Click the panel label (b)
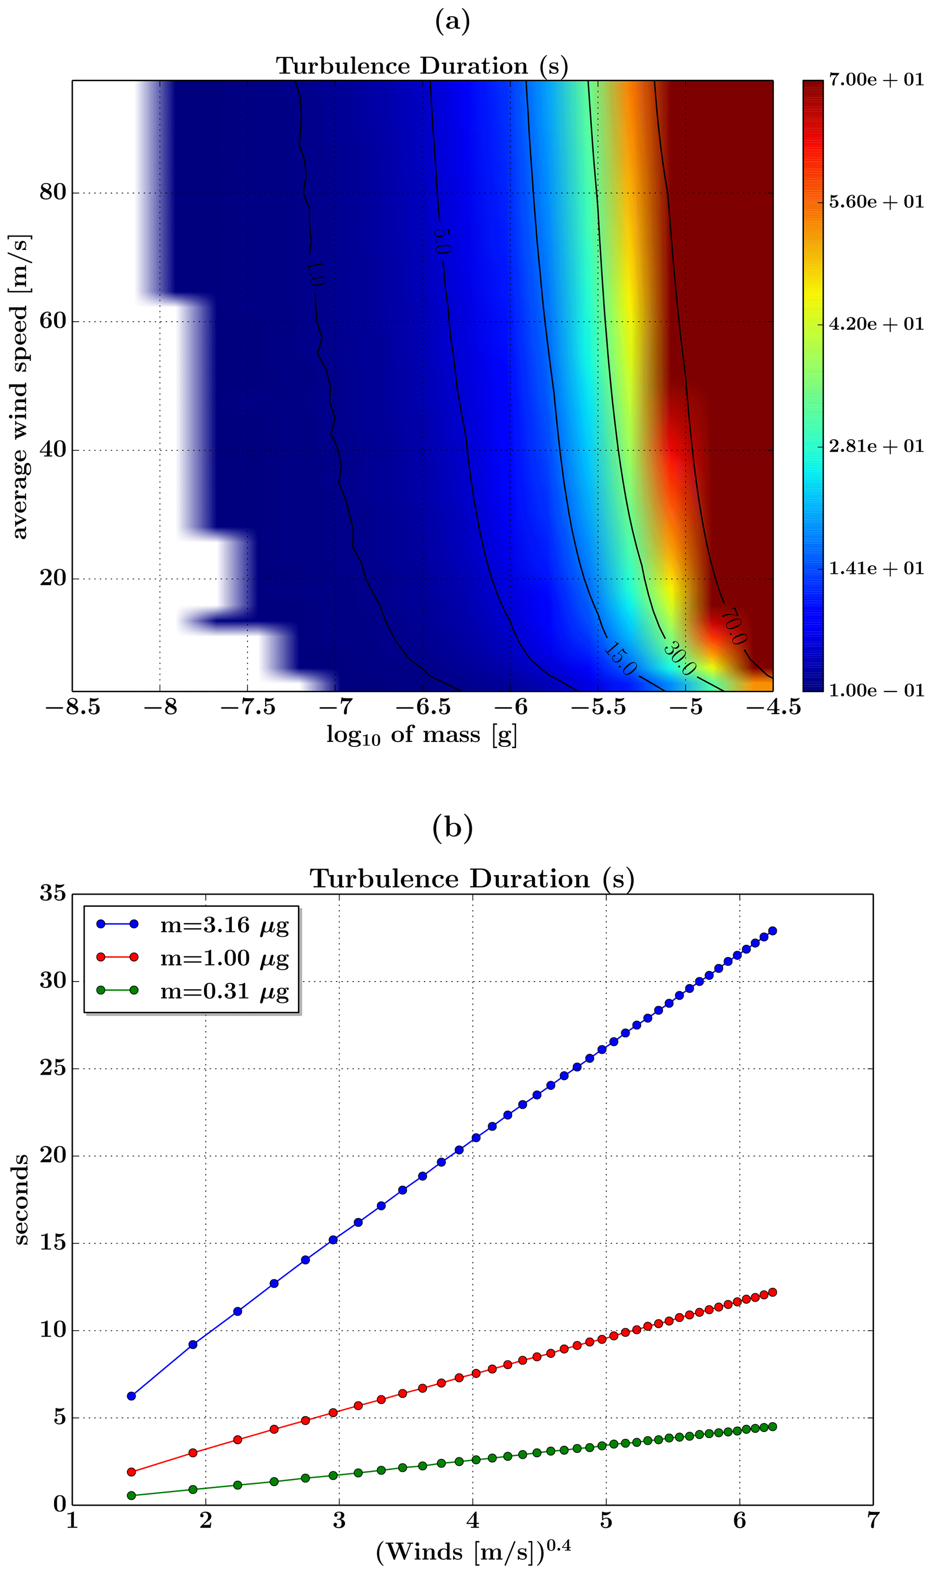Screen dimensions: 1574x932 click(452, 828)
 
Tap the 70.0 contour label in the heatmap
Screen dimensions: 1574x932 click(733, 626)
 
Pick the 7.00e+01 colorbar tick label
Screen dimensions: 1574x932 click(876, 80)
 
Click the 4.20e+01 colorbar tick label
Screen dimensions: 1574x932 click(876, 324)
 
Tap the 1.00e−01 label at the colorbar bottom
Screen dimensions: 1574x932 click(876, 690)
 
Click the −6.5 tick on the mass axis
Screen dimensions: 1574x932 click(423, 708)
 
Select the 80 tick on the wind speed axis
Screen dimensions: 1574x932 click(53, 192)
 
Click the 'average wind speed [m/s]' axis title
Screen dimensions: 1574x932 click(20, 386)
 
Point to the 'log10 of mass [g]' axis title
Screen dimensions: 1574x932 click(422, 735)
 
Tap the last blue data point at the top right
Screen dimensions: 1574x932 click(772, 931)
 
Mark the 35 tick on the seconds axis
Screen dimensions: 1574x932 click(53, 893)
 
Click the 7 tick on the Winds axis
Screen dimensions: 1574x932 click(872, 1522)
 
